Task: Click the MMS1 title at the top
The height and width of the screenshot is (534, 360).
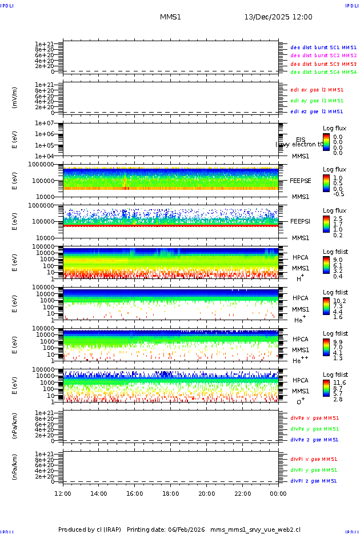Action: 170,17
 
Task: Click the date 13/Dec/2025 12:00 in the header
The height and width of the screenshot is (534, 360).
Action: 278,17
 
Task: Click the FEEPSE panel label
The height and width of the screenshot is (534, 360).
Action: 301,180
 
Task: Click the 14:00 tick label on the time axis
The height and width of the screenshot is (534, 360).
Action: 99,493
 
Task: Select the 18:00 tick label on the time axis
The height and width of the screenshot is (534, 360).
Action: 171,493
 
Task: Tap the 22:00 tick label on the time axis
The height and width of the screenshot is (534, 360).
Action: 242,493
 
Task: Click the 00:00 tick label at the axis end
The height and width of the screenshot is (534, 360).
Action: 278,493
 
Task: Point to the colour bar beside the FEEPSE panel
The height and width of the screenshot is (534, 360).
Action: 326,183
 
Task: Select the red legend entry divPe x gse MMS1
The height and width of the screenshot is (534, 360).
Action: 315,418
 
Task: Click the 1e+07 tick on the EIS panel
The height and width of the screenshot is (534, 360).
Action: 45,123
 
